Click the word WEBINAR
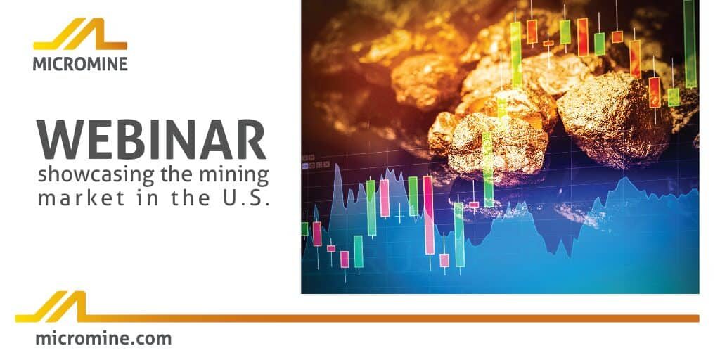coord(152,139)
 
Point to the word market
coord(69,198)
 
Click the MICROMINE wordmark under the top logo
coord(80,64)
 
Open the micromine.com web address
coord(103,338)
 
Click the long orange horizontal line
coord(394,318)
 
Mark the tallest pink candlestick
coord(428,215)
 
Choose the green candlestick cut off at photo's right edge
coord(690,42)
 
